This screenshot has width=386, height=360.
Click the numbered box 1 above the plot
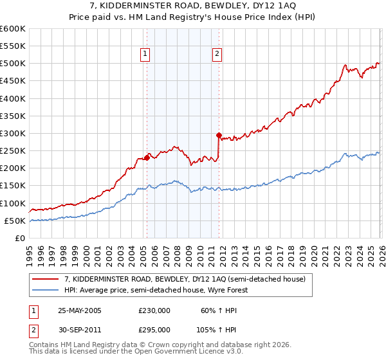click(146, 55)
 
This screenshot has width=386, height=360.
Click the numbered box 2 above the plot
click(217, 55)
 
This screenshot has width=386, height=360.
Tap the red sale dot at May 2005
click(147, 157)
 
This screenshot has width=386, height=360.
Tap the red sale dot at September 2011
click(219, 135)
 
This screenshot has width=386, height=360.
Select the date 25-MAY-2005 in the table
click(80, 310)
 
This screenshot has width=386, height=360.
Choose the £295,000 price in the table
click(154, 329)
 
